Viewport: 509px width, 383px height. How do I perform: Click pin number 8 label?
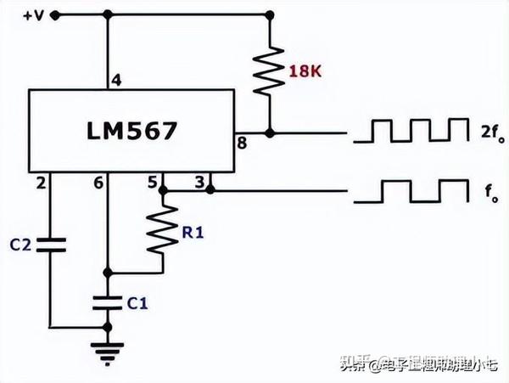[242, 144]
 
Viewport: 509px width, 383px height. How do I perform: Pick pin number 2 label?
[39, 182]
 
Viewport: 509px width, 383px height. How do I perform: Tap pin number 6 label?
[98, 182]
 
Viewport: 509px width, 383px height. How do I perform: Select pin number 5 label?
[153, 181]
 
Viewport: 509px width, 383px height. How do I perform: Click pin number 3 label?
[199, 181]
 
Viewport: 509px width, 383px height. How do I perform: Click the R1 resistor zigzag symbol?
[162, 230]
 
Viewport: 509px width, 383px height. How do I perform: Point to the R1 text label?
[193, 229]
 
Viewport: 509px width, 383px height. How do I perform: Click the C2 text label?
[20, 245]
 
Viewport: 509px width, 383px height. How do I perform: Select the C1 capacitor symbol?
[107, 300]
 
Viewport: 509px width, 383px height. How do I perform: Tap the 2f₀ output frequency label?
[488, 132]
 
